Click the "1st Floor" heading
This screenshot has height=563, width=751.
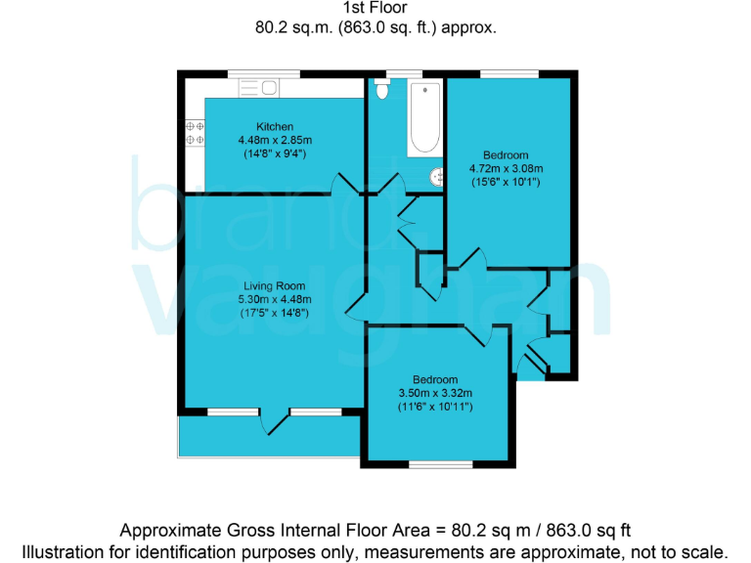coord(375,9)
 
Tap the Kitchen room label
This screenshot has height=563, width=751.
coord(275,127)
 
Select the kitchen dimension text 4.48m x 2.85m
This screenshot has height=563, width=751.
coord(275,141)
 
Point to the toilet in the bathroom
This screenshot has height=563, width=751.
coord(382,90)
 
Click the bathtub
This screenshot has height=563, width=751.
coord(424,118)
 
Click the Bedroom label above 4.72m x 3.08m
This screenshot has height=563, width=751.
coord(506,155)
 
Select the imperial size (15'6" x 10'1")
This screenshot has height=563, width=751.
coord(506,182)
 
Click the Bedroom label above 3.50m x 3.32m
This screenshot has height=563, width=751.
coord(434,380)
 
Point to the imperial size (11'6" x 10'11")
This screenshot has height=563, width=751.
coord(434,407)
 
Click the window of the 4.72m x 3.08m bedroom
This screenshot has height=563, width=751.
coord(508,73)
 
